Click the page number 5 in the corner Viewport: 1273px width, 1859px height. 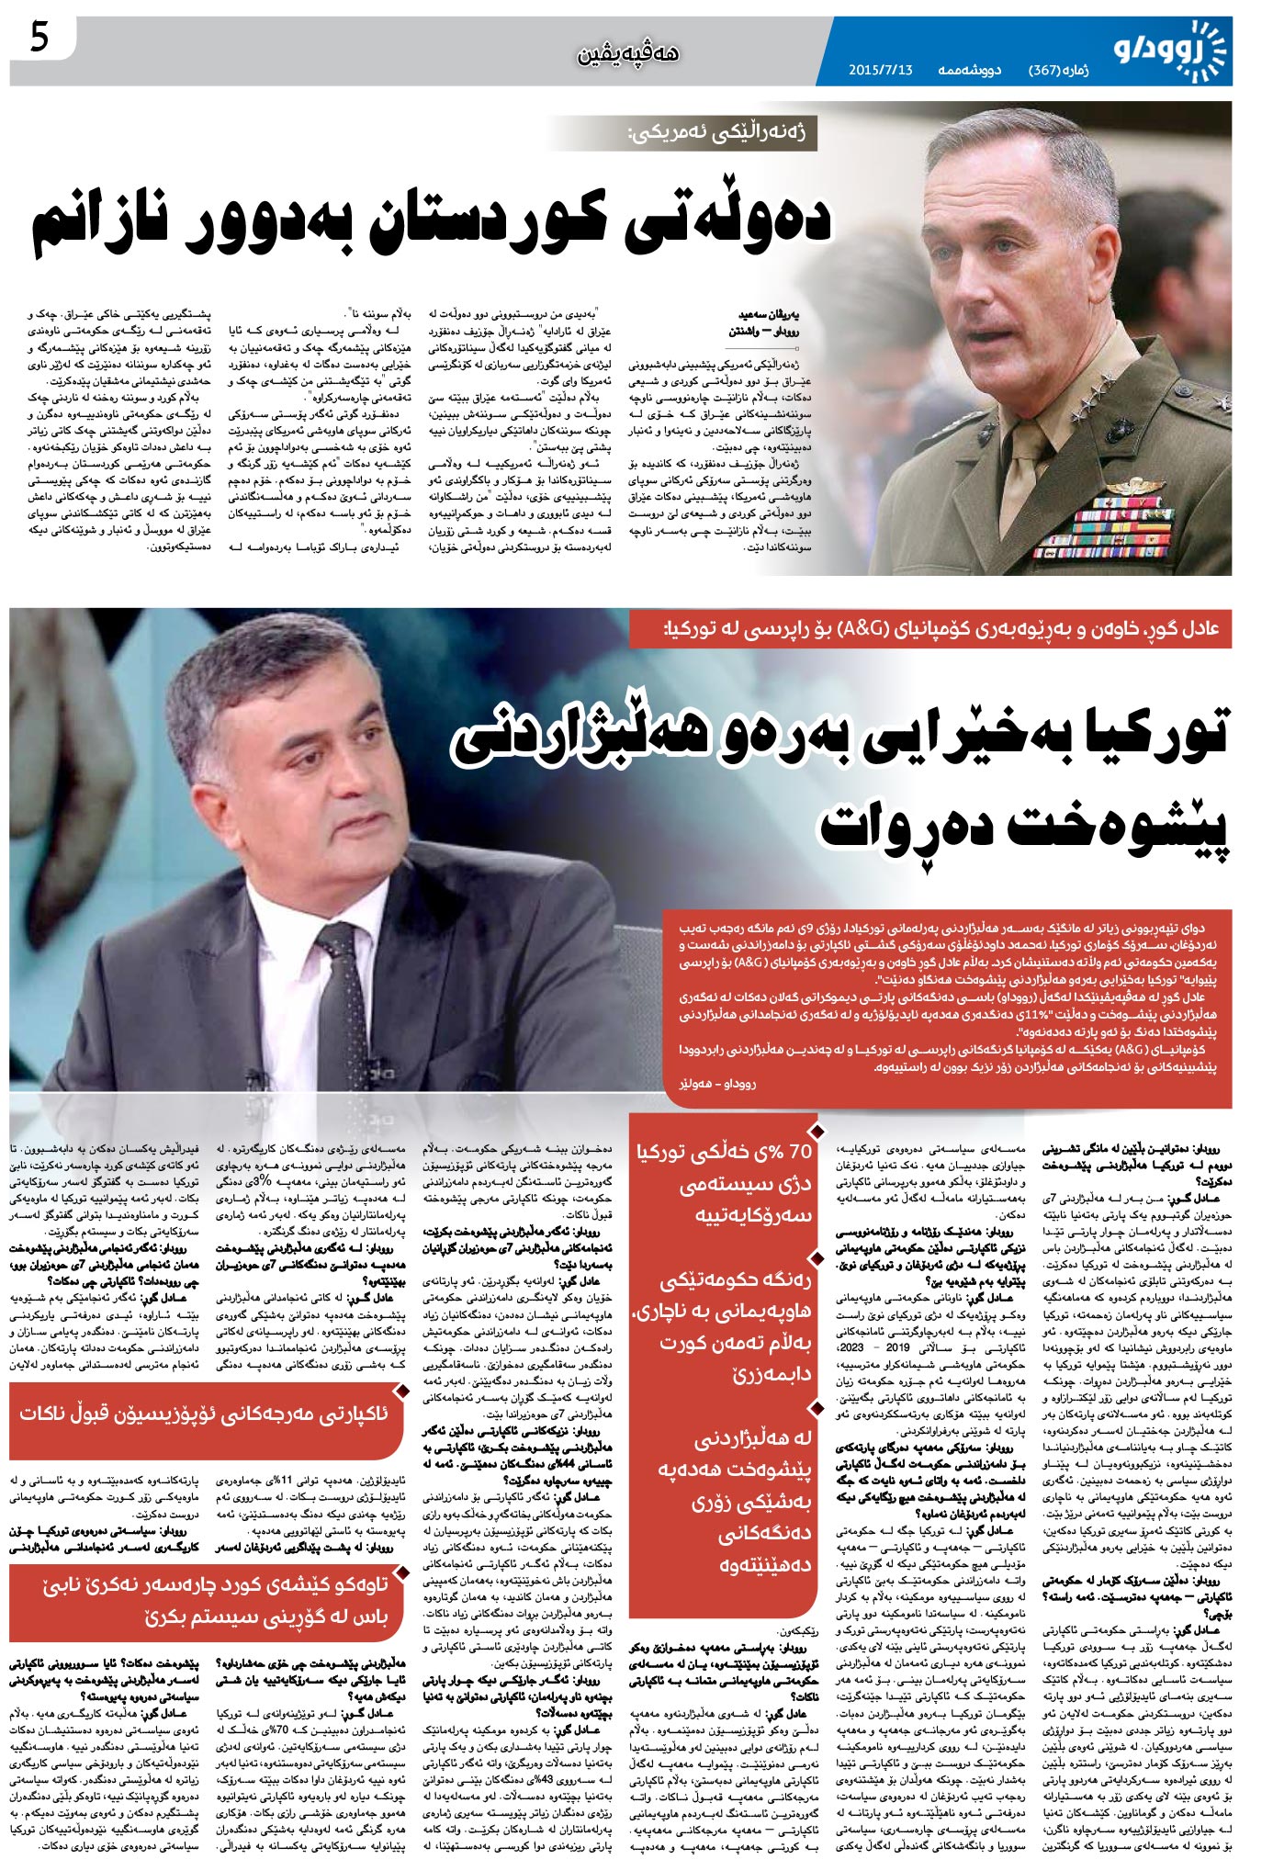click(39, 39)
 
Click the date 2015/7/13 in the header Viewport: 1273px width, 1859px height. click(880, 70)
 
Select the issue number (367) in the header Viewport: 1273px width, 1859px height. click(1045, 70)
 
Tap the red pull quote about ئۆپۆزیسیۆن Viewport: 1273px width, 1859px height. click(204, 1413)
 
